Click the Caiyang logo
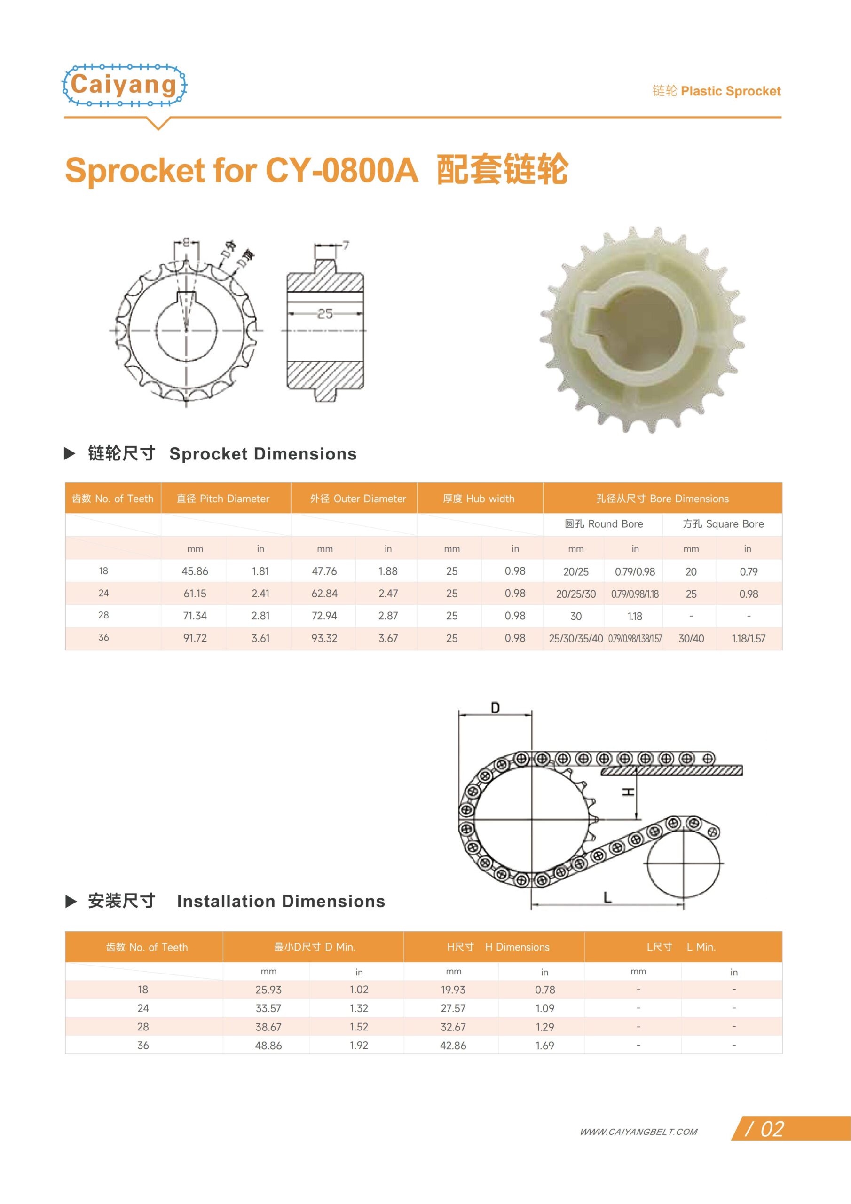pos(124,86)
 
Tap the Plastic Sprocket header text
pos(730,91)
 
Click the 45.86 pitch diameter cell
pos(195,571)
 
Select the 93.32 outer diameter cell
pos(324,638)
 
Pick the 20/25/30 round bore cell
pos(576,594)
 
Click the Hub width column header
pos(479,498)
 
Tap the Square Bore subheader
pos(723,524)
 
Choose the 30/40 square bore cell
pos(691,638)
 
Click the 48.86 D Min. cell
pos(268,1045)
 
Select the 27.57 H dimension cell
pos(453,1008)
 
